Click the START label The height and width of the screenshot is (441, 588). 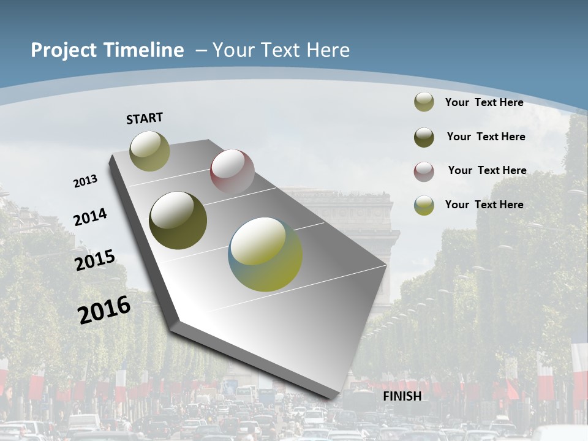(145, 118)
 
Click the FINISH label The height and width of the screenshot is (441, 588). (402, 396)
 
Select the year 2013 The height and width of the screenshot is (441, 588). (85, 181)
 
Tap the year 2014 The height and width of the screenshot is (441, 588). (90, 217)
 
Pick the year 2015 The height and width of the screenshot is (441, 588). (95, 260)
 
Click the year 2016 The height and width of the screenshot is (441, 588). (104, 309)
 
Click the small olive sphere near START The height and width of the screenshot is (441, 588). (149, 151)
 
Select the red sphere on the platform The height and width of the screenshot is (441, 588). (232, 171)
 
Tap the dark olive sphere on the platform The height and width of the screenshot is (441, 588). (178, 221)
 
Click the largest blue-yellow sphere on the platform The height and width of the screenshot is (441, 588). (265, 254)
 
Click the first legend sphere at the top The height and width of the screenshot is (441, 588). (424, 102)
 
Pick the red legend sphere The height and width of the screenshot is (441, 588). (424, 171)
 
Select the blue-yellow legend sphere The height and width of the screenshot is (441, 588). (424, 205)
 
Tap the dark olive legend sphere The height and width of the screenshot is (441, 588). (424, 137)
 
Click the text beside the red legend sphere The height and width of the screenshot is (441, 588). (487, 170)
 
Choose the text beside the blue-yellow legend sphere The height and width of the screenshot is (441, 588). (484, 205)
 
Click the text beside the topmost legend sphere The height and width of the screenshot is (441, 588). (484, 102)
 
